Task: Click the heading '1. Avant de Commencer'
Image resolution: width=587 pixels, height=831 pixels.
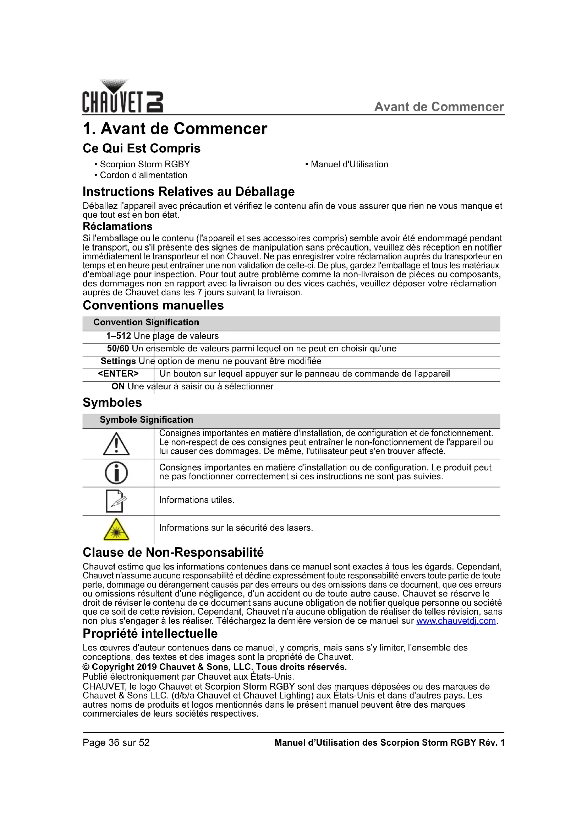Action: pyautogui.click(x=175, y=129)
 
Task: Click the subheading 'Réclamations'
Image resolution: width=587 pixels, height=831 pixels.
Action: pyautogui.click(x=117, y=227)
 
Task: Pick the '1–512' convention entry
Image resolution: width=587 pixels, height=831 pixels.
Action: pyautogui.click(x=119, y=336)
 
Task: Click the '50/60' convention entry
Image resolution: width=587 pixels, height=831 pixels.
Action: pyautogui.click(x=118, y=349)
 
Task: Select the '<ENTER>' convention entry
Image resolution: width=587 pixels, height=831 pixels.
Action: pyautogui.click(x=118, y=373)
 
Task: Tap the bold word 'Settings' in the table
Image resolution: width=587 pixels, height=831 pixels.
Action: pyautogui.click(x=118, y=361)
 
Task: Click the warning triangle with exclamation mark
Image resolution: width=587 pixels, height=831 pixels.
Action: pyautogui.click(x=116, y=444)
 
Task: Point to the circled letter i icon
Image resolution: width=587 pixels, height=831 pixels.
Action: pyautogui.click(x=116, y=473)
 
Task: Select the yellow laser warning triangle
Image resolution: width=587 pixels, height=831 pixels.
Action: pyautogui.click(x=116, y=529)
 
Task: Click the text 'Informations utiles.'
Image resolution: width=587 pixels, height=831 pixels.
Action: pyautogui.click(x=197, y=500)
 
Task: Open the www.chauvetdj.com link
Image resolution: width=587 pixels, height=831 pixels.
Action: pyautogui.click(x=456, y=621)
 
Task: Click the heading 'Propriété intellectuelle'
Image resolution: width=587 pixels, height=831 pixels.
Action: pyautogui.click(x=150, y=634)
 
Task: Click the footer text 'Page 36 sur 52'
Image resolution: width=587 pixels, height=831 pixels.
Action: pyautogui.click(x=116, y=743)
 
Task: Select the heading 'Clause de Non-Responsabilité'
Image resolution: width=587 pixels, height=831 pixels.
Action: pyautogui.click(x=173, y=553)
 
